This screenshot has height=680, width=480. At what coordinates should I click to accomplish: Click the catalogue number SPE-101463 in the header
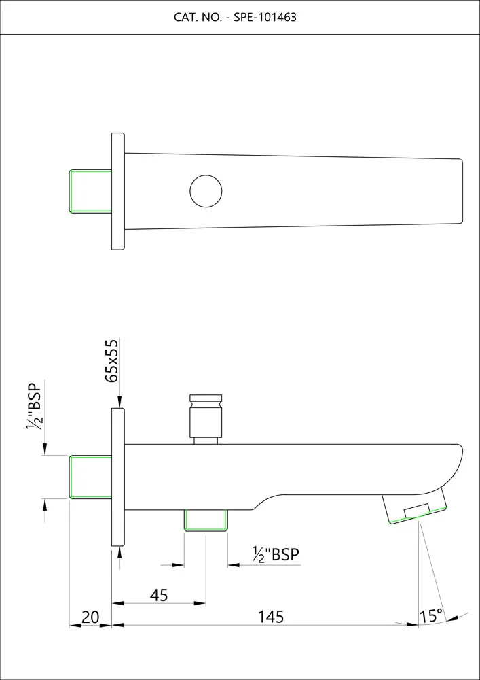[x=265, y=18]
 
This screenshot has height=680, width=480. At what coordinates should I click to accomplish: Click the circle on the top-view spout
[x=206, y=191]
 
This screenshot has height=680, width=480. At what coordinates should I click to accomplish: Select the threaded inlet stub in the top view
[x=90, y=191]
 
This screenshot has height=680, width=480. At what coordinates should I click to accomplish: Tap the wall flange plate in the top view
[x=118, y=191]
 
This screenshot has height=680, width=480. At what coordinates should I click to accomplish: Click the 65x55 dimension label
[x=111, y=361]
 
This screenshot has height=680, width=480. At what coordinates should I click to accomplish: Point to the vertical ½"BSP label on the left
[x=33, y=406]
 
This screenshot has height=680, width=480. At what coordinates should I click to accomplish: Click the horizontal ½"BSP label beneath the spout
[x=276, y=555]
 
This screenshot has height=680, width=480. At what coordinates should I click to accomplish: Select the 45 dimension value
[x=158, y=596]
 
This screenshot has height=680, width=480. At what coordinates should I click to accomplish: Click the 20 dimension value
[x=90, y=617]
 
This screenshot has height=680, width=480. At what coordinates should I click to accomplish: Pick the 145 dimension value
[x=271, y=616]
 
